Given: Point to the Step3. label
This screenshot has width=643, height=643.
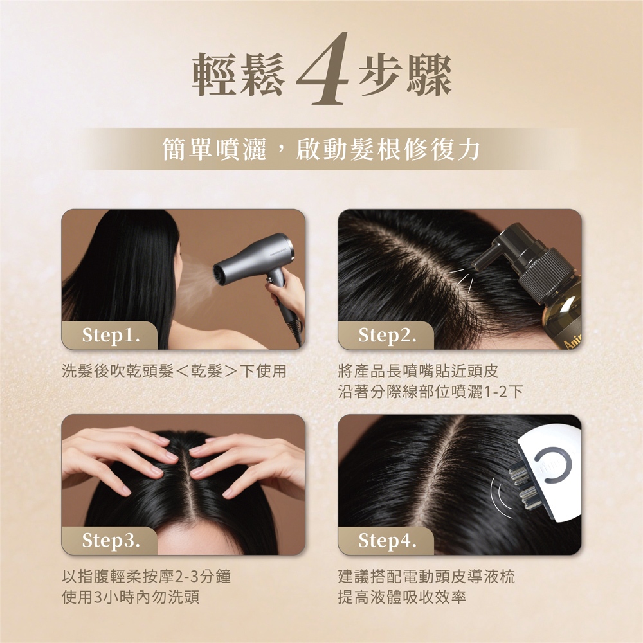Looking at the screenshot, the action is [111, 540].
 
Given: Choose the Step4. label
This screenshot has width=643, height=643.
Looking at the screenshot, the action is [387, 540].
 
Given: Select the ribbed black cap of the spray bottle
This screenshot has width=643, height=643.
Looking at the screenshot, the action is [546, 270].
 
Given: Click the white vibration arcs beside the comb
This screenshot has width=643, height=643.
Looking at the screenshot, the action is [500, 498].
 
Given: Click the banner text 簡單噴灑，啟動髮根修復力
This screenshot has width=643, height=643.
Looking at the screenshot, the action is [321, 149].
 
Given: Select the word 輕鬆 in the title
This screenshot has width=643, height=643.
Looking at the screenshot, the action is [239, 75].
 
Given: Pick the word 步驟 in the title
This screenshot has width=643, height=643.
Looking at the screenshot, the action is [405, 75].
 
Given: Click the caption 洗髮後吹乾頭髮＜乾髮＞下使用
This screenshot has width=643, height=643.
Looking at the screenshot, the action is [174, 371].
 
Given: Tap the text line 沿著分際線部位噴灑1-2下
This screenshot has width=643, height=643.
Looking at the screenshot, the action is [431, 392].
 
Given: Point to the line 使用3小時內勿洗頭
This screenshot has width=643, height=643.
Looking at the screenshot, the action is [131, 597].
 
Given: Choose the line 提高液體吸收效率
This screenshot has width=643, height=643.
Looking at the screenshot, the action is [402, 597].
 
